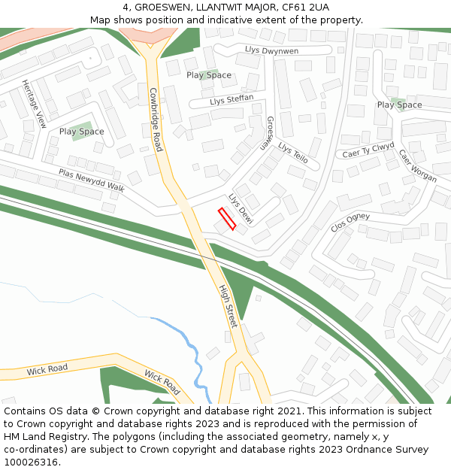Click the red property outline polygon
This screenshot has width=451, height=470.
pyautogui.click(x=226, y=220)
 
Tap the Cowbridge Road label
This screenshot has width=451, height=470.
pyautogui.click(x=155, y=120)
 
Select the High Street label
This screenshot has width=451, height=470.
pyautogui.click(x=228, y=305)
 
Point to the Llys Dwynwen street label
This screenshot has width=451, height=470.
pyautogui.click(x=271, y=50)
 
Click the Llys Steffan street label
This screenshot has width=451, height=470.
pyautogui.click(x=232, y=100)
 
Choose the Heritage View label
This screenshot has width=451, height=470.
pyautogui.click(x=35, y=103)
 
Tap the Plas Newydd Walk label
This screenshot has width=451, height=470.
pyautogui.click(x=92, y=180)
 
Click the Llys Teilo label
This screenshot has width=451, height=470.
pyautogui.click(x=293, y=153)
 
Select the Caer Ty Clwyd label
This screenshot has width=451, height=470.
pyautogui.click(x=368, y=150)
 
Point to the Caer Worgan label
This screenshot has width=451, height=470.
pyautogui.click(x=417, y=165)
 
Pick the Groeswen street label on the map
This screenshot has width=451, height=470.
pyautogui.click(x=266, y=134)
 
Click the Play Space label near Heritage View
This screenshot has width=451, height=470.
pyautogui.click(x=81, y=132)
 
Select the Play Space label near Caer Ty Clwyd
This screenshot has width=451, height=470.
pyautogui.click(x=399, y=105)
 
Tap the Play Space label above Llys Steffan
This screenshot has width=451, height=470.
pyautogui.click(x=208, y=75)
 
